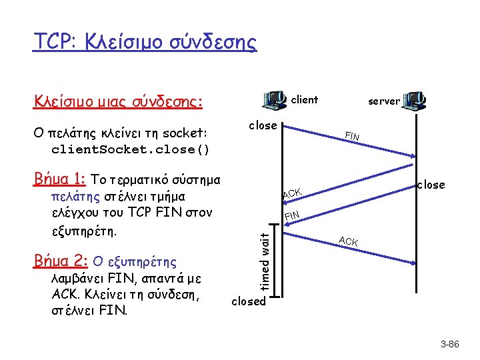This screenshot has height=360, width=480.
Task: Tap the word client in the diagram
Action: pos(305,100)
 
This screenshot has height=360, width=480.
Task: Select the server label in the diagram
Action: pos(384,101)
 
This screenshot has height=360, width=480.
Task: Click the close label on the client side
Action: pos(263,125)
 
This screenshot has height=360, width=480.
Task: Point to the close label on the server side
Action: pos(431,185)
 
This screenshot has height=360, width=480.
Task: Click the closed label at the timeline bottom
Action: pos(249,301)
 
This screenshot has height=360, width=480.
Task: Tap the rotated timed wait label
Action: pos(265,259)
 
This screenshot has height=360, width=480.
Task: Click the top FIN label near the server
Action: pos(352,137)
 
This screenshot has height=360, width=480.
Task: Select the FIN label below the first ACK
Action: pos(292,215)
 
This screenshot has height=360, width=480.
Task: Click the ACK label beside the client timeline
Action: pos(292,193)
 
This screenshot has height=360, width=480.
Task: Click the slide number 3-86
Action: pos(450,345)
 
